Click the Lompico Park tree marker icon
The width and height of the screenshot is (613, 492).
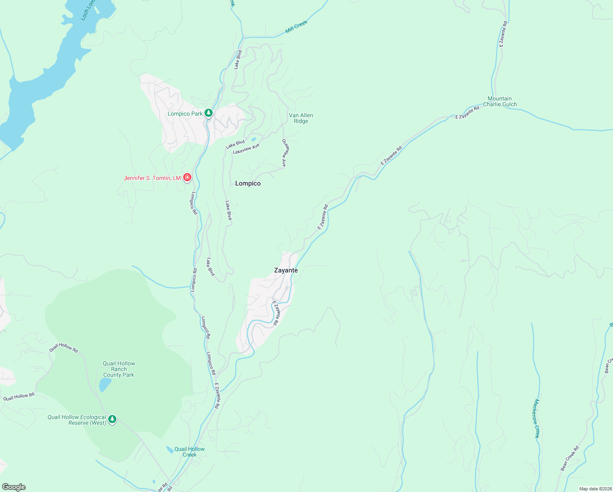pos(209,113)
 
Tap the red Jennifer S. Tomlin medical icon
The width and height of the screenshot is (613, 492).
pos(187,178)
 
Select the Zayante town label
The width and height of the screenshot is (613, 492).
pos(286,271)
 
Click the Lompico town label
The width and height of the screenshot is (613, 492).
pos(248,184)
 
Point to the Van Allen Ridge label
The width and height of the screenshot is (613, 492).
pos(301,118)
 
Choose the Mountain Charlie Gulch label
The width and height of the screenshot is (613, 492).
pos(500,101)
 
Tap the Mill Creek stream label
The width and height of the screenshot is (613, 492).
pos(296,27)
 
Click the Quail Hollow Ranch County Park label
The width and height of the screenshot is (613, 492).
pos(119,369)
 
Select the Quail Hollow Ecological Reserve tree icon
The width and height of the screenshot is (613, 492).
pos(112,419)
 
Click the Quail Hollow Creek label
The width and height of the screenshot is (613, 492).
pos(189,452)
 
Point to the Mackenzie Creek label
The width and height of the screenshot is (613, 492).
pos(536,419)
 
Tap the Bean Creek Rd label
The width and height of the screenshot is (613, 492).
pos(570,458)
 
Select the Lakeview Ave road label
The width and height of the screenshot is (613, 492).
pos(246,149)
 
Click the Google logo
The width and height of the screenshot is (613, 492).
pos(14,487)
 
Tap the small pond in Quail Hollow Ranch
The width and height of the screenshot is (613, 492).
pos(105,385)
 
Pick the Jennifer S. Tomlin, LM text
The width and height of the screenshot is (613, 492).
pos(152,178)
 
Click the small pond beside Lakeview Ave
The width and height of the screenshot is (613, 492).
pos(253,139)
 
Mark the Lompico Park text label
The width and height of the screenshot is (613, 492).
pos(185,114)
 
